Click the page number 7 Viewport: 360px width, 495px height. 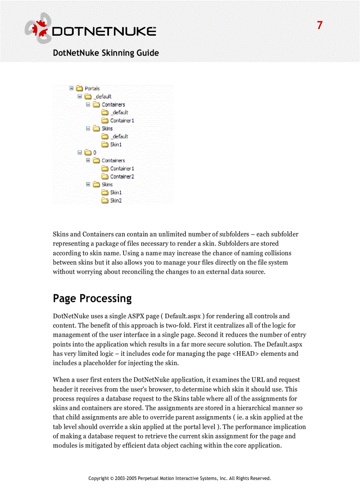(320, 26)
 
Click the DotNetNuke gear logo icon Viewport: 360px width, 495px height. (38, 29)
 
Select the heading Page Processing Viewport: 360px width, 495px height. (92, 298)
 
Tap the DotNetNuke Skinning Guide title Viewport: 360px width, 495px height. (106, 53)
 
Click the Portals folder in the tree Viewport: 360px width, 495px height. (92, 89)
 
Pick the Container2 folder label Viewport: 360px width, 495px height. (122, 177)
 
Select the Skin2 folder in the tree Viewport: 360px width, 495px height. (116, 201)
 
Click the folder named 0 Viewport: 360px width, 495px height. (94, 153)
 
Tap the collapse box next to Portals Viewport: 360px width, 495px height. (71, 88)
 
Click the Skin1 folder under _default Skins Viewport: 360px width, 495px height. (116, 145)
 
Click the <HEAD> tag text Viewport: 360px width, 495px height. (245, 354)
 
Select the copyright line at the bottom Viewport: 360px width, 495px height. (180, 478)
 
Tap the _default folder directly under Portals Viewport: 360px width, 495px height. (102, 97)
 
